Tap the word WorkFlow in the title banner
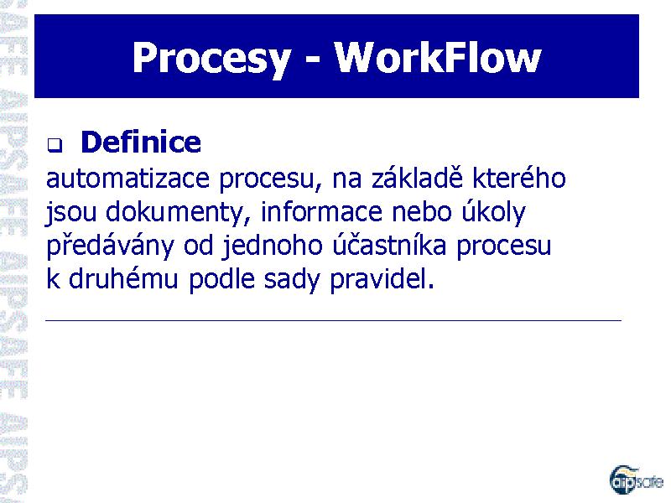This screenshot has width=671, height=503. tap(438, 58)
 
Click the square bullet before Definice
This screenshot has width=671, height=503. tap(55, 145)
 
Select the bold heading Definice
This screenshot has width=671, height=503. tap(141, 142)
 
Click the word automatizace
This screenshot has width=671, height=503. tap(127, 179)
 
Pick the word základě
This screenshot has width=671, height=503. tap(417, 177)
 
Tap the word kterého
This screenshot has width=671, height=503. tap(519, 178)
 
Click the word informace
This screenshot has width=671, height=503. tap(321, 211)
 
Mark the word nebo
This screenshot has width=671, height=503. tap(422, 211)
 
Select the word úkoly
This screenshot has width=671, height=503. tap(493, 212)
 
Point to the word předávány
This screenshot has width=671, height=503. tap(110, 246)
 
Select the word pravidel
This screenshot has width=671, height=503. tap(382, 280)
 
